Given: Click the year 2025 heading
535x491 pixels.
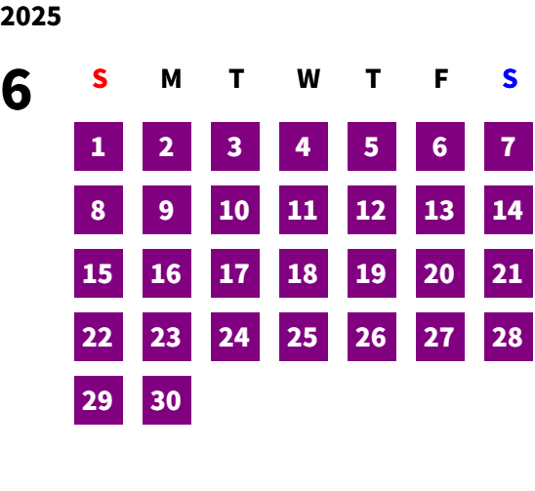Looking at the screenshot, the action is (x=30, y=17).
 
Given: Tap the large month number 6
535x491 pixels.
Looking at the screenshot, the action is (x=17, y=89).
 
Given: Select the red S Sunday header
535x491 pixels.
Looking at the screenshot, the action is (x=100, y=78).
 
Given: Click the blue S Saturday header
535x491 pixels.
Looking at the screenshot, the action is (x=510, y=78).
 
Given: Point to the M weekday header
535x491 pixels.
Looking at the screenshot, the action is (x=171, y=78).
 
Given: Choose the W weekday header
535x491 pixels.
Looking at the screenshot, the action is (x=309, y=78).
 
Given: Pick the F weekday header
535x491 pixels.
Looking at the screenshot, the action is (x=441, y=78).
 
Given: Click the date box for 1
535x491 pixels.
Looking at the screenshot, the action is (x=99, y=146).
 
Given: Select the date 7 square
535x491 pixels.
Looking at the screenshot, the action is (x=509, y=146).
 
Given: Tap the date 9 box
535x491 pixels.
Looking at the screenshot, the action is (x=167, y=210).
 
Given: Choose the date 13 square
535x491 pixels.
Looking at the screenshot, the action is (x=440, y=210).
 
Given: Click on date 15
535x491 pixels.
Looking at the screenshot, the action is (x=99, y=273).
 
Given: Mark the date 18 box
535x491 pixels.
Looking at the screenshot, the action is (x=304, y=273).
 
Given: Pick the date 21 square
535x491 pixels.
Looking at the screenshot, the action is (x=509, y=273).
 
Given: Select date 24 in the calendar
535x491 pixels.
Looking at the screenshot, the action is (x=235, y=337).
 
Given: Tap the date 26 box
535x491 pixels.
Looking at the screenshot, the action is (x=372, y=337).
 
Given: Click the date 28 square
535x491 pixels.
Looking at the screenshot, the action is (x=509, y=337).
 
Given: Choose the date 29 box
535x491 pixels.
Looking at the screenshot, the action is (x=99, y=400).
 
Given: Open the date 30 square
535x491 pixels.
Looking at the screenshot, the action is (x=167, y=400).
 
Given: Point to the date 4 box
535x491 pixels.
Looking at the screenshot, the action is (x=304, y=146).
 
